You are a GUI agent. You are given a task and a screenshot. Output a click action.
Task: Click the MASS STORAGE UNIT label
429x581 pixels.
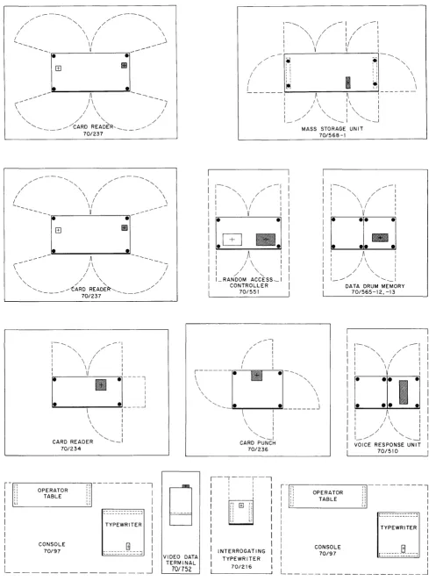point(332,129)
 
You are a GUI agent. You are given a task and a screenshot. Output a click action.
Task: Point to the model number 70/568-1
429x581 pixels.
point(332,135)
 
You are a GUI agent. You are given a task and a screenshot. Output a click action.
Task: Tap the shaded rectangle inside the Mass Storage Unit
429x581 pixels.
point(348,82)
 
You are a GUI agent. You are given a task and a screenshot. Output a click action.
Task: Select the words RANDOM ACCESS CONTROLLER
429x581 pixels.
point(248,283)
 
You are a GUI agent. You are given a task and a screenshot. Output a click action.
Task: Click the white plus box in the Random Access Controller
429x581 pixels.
point(232,240)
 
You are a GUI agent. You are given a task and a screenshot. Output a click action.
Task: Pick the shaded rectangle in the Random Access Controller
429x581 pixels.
point(266,240)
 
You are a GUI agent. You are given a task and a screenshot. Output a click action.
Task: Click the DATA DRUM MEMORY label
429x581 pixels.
point(375,286)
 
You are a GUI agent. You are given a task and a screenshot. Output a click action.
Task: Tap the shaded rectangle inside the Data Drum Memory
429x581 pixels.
point(380,238)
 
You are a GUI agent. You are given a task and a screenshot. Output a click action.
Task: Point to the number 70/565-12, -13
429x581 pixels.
point(373,292)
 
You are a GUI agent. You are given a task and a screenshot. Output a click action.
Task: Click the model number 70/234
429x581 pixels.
point(71,448)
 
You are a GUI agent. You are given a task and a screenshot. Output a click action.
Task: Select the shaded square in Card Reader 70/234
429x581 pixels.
point(101,384)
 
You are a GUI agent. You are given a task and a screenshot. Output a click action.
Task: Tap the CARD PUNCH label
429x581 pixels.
point(257,443)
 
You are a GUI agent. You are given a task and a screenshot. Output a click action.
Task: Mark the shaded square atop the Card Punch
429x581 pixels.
point(257,376)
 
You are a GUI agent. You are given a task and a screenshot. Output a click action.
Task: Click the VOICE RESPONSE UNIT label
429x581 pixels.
point(387,445)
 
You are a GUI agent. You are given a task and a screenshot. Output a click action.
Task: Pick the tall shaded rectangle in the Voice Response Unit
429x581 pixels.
point(403,392)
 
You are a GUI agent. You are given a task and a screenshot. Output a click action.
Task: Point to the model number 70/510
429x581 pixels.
point(388,451)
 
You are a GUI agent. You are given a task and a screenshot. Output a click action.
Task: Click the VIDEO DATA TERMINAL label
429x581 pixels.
point(181,560)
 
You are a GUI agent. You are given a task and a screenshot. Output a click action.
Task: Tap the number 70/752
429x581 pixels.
point(181,569)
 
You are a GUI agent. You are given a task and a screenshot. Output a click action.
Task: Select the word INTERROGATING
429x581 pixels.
point(241,551)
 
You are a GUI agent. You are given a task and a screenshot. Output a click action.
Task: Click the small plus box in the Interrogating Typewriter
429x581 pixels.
point(241,505)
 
